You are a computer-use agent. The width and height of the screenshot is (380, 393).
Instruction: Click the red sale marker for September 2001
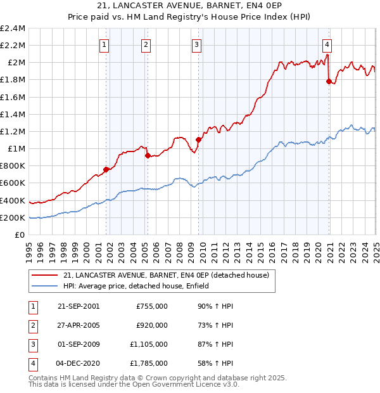pos(106,170)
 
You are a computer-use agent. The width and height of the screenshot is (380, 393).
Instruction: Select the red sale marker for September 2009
pos(198,139)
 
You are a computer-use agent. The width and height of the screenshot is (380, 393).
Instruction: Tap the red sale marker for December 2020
pos(329,81)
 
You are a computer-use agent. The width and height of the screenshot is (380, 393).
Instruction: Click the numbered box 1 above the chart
pos(103,44)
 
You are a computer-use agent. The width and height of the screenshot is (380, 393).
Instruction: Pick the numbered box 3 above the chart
pos(197,44)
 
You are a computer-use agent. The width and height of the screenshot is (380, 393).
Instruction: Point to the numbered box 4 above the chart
pos(327,44)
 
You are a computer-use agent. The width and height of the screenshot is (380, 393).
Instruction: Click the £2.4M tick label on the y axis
pos(13,29)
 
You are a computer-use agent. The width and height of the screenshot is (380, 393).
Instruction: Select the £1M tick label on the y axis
pos(15,149)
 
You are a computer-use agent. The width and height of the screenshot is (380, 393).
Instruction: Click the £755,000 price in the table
pos(152,306)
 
